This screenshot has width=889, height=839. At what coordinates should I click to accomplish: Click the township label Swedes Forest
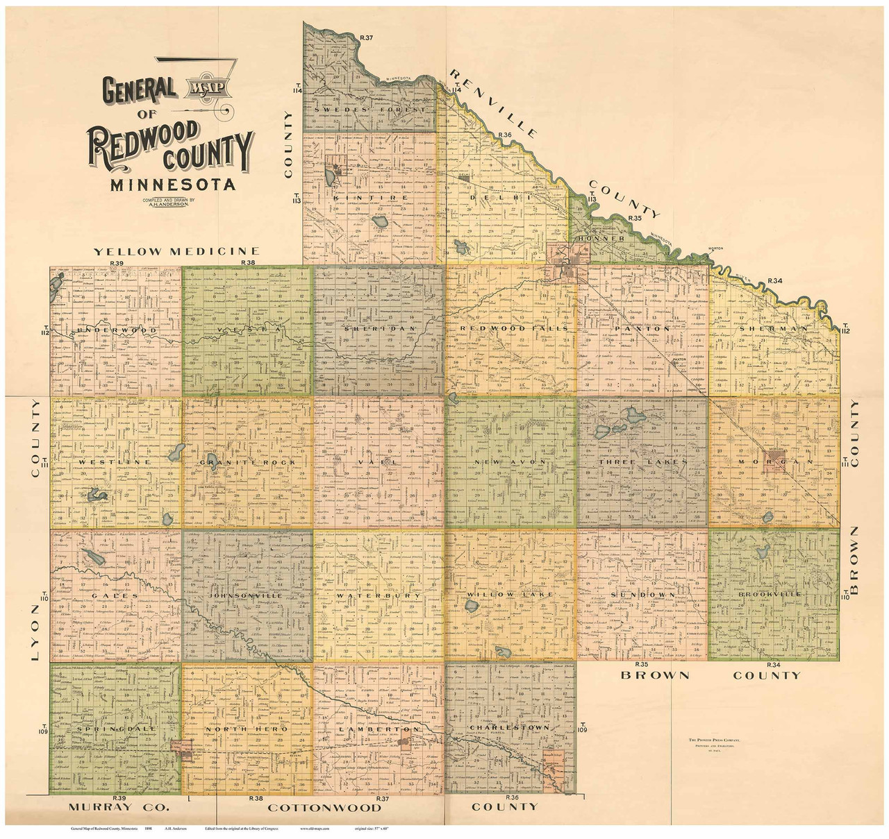pos(369,110)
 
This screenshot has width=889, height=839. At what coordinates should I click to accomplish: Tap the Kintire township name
pos(359,198)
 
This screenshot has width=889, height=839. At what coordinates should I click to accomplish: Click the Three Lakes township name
pos(645,462)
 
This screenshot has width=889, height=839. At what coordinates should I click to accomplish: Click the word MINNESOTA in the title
pos(169,185)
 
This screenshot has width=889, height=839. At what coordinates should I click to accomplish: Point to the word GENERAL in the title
pos(138,88)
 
